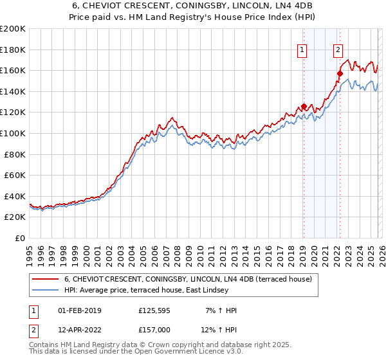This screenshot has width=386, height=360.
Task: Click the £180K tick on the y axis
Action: coord(13,50)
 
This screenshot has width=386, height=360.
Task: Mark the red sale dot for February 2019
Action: coord(303,107)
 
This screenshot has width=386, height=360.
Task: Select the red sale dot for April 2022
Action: coord(339,73)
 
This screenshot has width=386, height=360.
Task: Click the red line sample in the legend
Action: coord(45,279)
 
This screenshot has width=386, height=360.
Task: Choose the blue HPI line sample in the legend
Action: coord(45,291)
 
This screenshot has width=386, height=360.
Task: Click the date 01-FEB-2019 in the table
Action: coord(80,311)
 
